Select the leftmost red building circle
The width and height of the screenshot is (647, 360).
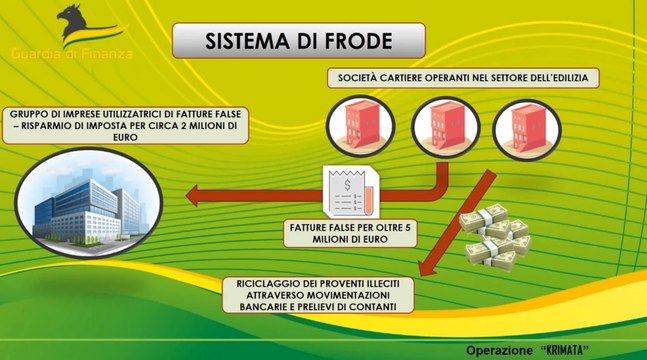(x=361, y=125)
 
